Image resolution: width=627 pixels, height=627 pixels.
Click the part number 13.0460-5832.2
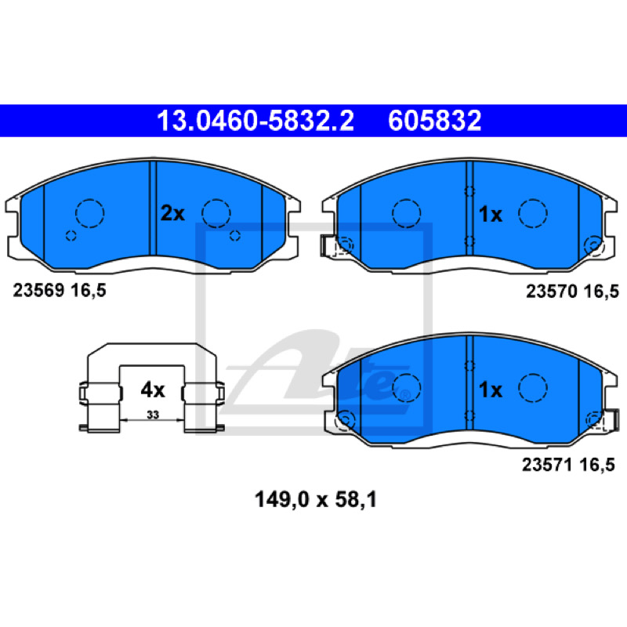click(256, 121)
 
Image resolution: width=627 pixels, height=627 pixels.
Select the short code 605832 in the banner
click(435, 121)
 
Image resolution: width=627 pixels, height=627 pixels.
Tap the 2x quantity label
click(172, 213)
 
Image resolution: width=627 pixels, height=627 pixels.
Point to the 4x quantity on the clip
click(153, 390)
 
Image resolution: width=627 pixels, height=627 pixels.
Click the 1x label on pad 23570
click(491, 215)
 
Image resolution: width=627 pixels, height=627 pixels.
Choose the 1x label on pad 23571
click(491, 390)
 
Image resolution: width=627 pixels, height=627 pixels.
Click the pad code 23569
click(38, 290)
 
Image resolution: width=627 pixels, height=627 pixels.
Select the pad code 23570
click(552, 291)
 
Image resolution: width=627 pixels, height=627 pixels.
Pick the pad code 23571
click(547, 465)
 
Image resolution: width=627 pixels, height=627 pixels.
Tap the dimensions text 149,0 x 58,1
click(316, 500)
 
